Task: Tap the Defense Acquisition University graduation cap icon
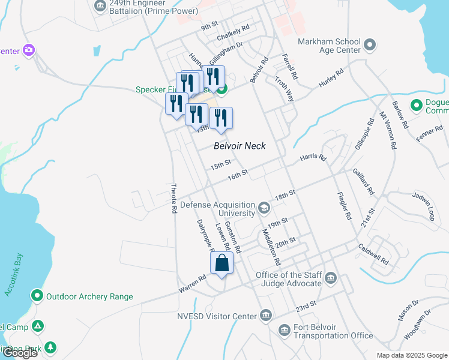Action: pos(264,208)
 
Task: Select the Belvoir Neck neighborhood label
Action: pos(240,146)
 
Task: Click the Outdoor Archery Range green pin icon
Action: pos(37,296)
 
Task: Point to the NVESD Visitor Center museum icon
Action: pos(266,316)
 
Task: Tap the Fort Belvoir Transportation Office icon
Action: pos(284,330)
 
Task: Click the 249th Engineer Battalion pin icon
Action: pos(100,6)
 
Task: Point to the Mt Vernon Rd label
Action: pos(388,130)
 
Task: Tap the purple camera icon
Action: pos(28,50)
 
